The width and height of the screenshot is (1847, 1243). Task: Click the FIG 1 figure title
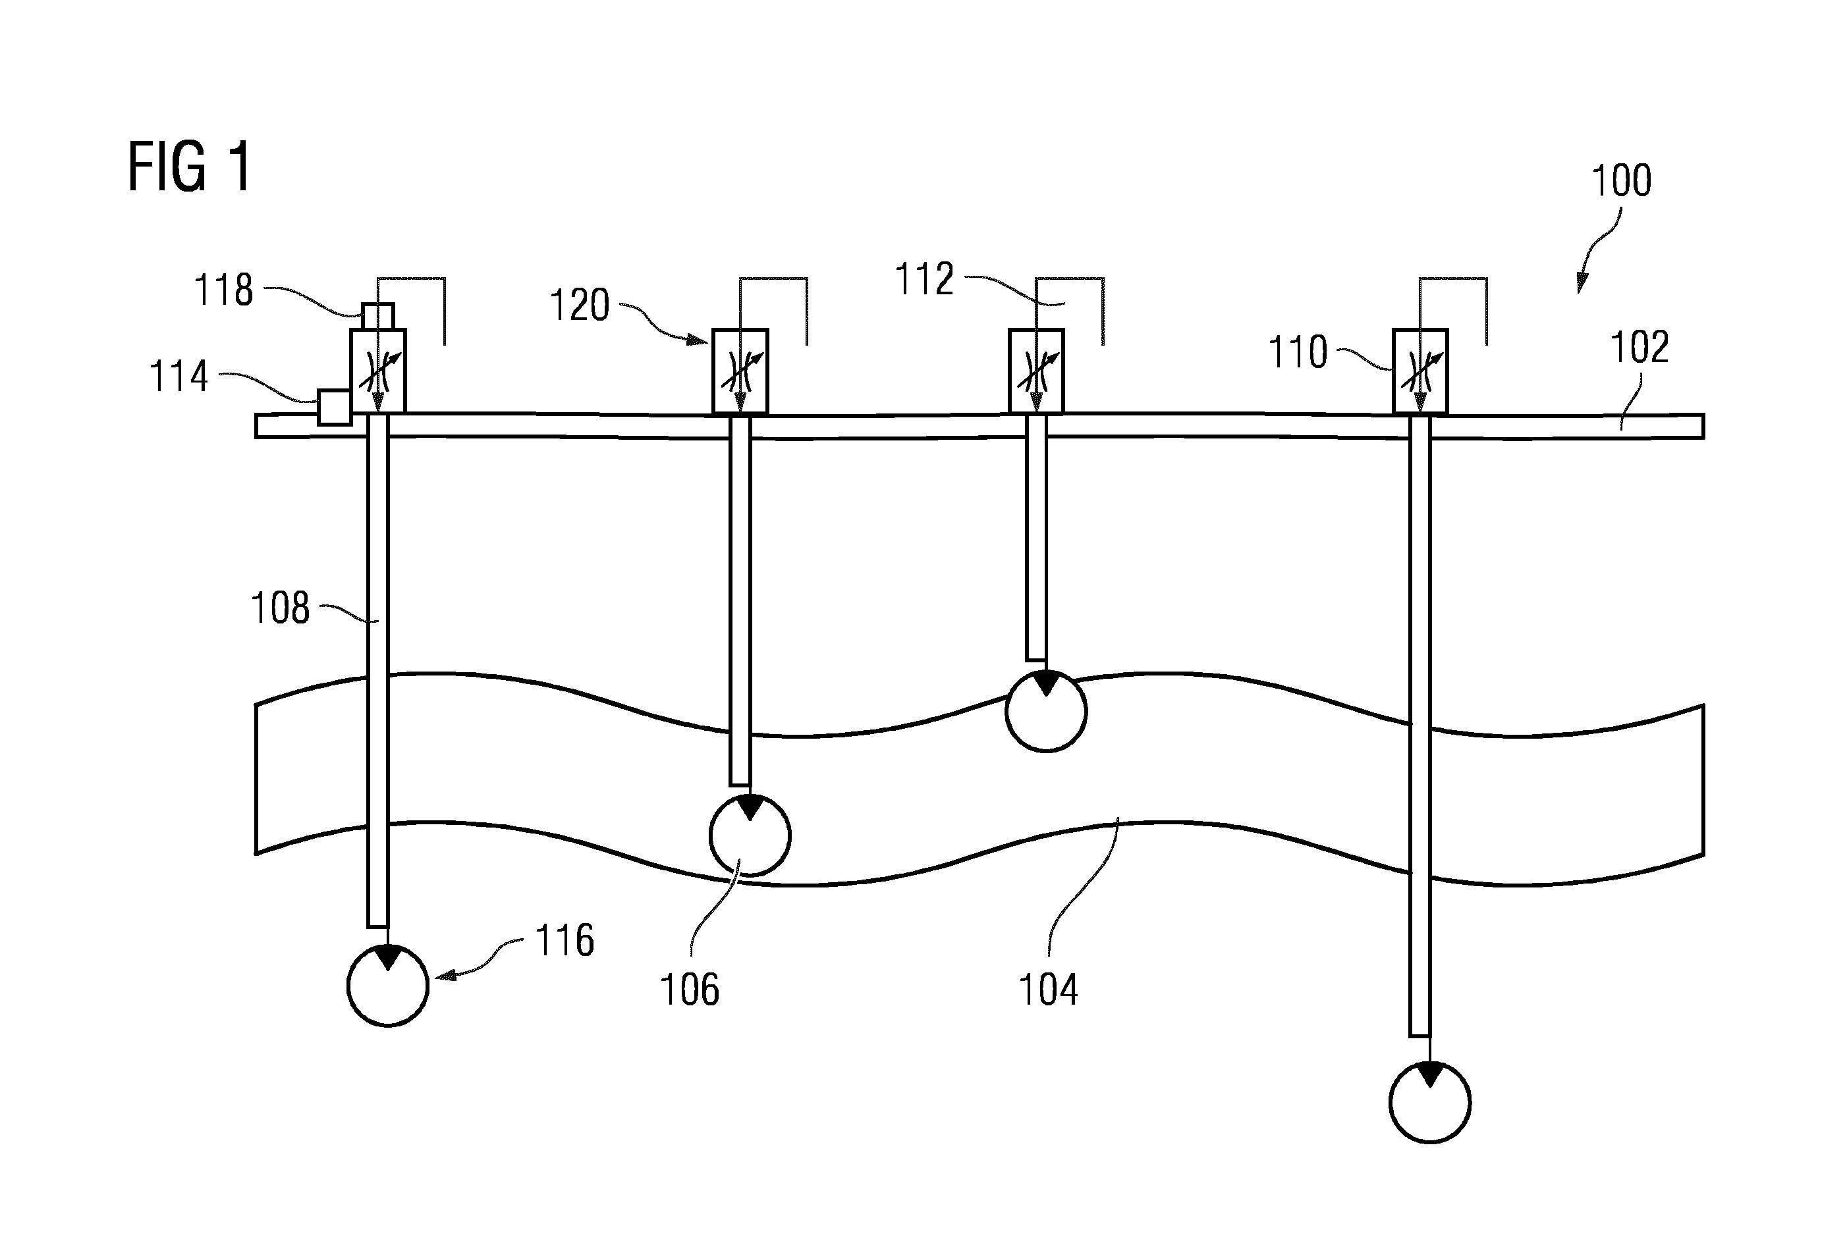[189, 167]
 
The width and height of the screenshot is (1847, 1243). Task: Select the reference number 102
[1640, 347]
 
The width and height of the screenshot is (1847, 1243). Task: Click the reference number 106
[689, 990]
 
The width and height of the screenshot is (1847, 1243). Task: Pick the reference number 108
[279, 608]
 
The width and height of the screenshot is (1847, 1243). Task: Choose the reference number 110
[1298, 352]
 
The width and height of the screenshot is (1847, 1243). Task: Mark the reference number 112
[924, 279]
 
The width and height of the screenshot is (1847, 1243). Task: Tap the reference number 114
[179, 376]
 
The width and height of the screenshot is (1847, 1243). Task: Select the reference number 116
[565, 940]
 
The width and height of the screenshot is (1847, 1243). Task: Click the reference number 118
[224, 290]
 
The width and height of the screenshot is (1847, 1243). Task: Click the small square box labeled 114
[334, 408]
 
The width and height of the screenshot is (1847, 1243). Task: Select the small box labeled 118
[377, 316]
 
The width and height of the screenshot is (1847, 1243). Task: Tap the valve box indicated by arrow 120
[740, 371]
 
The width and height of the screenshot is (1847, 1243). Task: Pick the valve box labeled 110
[1420, 371]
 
